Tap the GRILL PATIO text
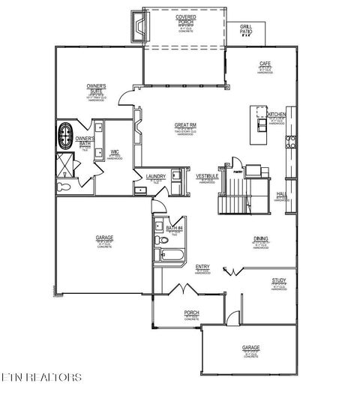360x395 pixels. click(x=246, y=29)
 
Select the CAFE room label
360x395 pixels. click(x=265, y=64)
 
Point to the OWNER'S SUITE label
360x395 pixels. click(x=96, y=88)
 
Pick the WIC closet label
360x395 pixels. click(x=115, y=153)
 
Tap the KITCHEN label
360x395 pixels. click(x=277, y=115)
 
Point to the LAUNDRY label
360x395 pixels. click(x=156, y=177)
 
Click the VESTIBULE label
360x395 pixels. click(x=207, y=176)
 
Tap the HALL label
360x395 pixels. click(x=281, y=194)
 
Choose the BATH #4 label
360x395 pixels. click(x=175, y=227)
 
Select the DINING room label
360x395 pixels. click(x=261, y=239)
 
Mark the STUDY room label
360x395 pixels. click(x=279, y=281)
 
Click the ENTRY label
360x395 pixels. click(x=202, y=267)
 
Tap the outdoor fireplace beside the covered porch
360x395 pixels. click(x=137, y=28)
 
